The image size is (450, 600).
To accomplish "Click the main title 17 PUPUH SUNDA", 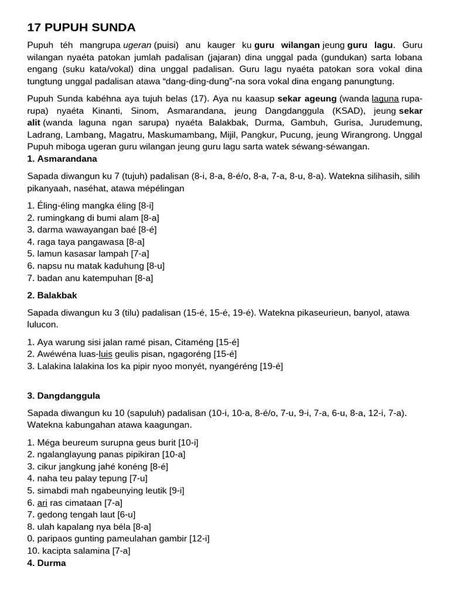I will pos(81,27).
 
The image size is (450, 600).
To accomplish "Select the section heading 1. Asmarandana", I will pos(62,159).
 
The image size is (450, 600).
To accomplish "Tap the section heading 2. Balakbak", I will pos(52,295).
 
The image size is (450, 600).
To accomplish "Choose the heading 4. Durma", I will pos(46,563).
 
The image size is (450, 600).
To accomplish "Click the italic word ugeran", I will pos(137,45).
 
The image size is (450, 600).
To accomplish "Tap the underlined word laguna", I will pos(385,98).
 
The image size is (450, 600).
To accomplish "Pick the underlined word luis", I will pos(105,354).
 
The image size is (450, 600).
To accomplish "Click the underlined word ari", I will pos(42,503).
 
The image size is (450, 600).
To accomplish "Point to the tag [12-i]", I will pos(199,538).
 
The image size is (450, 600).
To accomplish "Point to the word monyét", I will pos(214,366).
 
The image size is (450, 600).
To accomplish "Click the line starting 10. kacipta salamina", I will pos(79,551).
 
